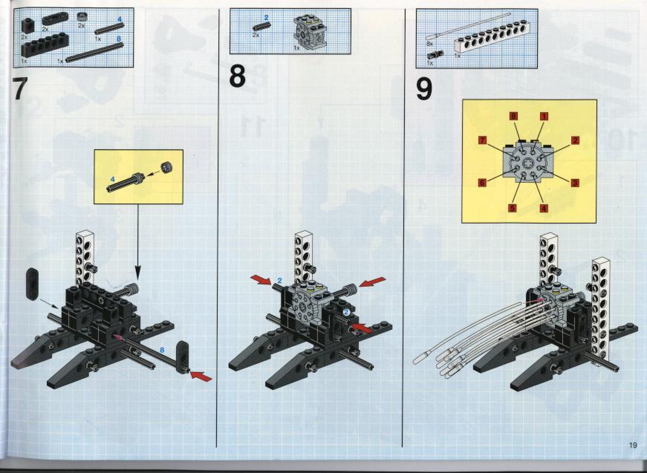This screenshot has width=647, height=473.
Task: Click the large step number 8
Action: [237, 76]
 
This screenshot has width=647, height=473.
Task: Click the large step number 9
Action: [424, 90]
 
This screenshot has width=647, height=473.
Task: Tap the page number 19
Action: [633, 445]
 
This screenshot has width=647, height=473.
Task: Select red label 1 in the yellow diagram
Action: [544, 116]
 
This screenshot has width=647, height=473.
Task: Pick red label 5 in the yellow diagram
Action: [512, 208]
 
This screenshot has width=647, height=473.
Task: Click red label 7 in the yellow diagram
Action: [482, 140]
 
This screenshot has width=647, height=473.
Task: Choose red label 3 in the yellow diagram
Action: [575, 183]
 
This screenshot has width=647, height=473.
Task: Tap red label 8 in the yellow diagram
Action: [513, 116]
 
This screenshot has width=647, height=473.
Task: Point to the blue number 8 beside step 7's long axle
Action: [162, 349]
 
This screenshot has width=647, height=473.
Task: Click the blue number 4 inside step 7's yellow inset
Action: [113, 179]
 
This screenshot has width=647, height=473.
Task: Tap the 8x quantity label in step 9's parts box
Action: [430, 44]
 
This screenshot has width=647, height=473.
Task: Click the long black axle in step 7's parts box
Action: [95, 52]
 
